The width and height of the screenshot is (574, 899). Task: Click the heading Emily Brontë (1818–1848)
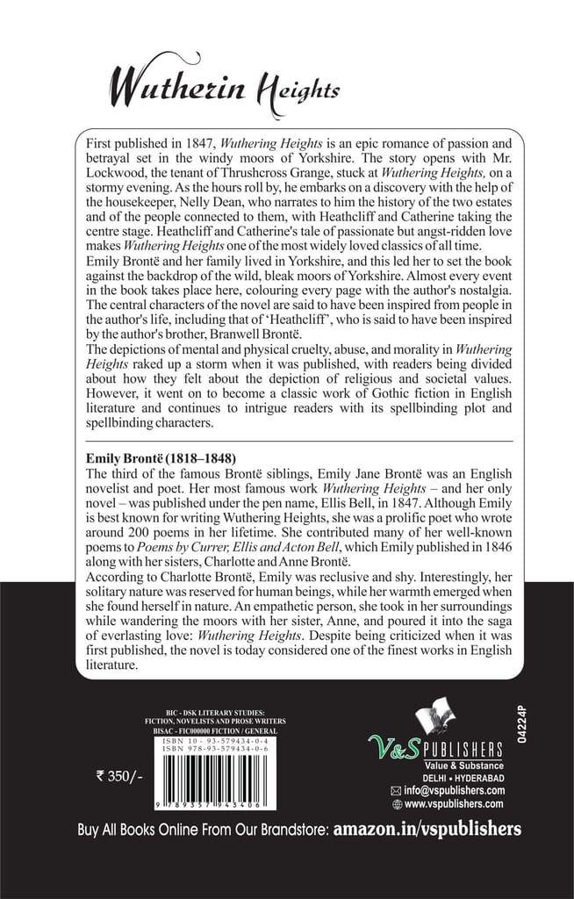click(161, 458)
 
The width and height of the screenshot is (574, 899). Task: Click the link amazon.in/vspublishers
click(427, 829)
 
